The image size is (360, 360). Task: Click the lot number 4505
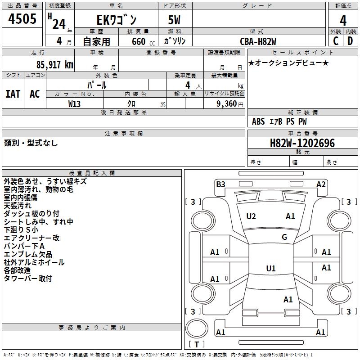click(x=22, y=19)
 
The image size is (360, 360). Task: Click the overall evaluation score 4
click(x=343, y=20)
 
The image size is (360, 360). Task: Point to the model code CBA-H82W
click(x=258, y=41)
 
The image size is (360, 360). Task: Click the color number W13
click(x=75, y=103)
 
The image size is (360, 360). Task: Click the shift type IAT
click(x=13, y=94)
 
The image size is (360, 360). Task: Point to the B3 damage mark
click(x=220, y=184)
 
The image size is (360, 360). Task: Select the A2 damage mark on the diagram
click(x=321, y=184)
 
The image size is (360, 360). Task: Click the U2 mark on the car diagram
click(x=251, y=216)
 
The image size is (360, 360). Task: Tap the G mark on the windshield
click(x=284, y=237)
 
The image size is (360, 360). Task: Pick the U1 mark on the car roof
click(x=271, y=269)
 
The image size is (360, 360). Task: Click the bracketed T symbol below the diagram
click(x=197, y=344)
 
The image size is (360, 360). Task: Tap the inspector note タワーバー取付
click(x=28, y=279)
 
